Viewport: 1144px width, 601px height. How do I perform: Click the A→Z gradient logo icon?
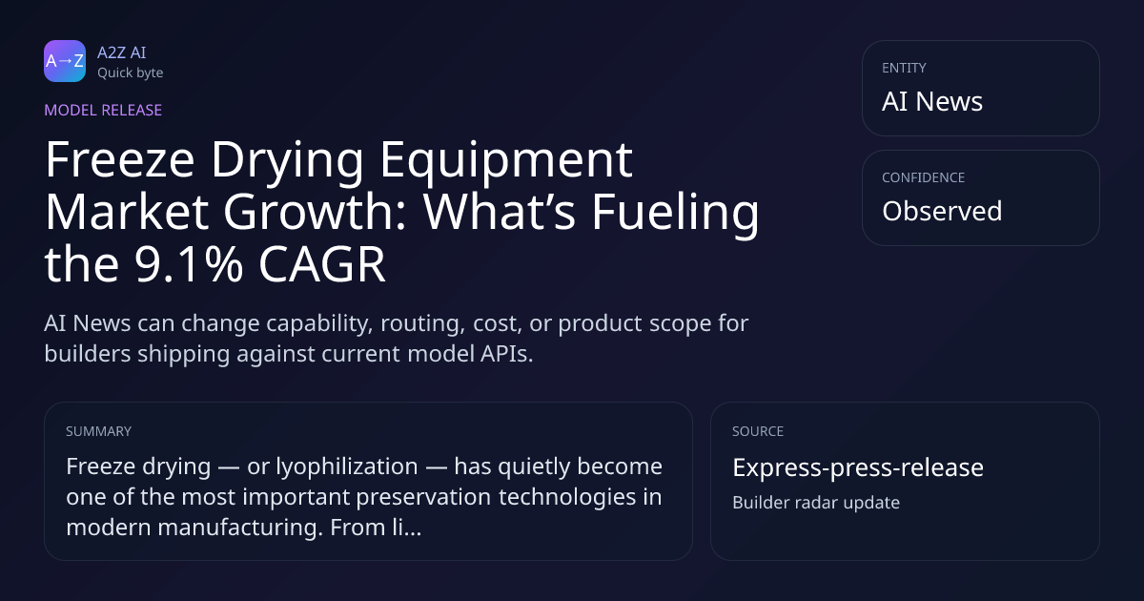pos(65,61)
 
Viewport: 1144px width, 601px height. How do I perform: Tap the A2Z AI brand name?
pos(122,52)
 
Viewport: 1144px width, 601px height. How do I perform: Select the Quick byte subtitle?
pos(131,73)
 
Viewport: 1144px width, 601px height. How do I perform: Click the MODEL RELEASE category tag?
pos(103,110)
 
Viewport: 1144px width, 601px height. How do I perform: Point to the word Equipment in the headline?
pos(506,161)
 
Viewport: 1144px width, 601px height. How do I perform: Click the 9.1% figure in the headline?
pos(189,264)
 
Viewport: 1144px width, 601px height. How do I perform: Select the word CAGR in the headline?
pos(322,264)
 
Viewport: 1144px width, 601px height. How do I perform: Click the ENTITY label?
pos(904,68)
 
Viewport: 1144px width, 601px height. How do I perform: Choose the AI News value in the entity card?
pos(932,101)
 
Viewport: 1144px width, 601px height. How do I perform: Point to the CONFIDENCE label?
pos(924,177)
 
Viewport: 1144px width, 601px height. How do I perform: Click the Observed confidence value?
pos(942,211)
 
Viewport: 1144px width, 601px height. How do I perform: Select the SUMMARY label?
pos(98,431)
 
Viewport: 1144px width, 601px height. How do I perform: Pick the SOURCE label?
pos(758,431)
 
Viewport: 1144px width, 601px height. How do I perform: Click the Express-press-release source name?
pos(858,467)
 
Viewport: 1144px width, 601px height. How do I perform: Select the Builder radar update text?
pos(816,503)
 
